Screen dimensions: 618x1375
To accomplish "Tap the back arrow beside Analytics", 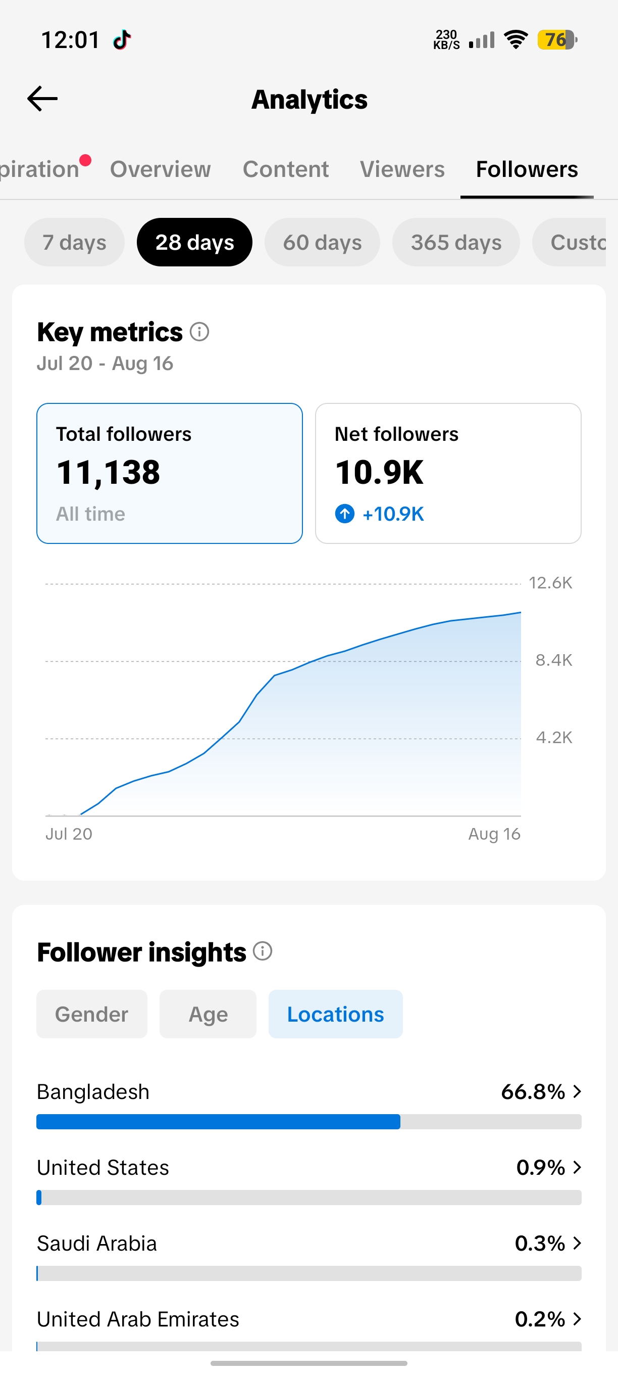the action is pos(42,99).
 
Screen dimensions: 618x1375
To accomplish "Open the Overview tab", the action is pos(160,169).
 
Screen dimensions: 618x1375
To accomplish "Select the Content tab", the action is pos(285,169).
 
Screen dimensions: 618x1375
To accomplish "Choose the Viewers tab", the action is pos(402,169).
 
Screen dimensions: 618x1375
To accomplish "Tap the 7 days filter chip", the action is pos(74,242).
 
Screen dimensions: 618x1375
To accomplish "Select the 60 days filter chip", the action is pos(322,242).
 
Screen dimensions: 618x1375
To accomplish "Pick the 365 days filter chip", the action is pos(456,242).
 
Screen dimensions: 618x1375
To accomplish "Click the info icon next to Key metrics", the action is pos(199,332).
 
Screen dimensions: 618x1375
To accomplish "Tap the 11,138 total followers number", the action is pos(108,472).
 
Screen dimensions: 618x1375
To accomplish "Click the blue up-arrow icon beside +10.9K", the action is pos(344,514).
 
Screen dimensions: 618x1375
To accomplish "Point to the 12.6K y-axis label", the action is pos(550,582).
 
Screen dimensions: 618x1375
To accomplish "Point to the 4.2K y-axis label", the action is pos(554,737).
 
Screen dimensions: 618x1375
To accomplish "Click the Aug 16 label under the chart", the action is pos(494,834).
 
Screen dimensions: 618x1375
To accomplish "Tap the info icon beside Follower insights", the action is pos(263,951).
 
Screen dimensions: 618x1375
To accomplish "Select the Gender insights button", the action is pos(92,1014).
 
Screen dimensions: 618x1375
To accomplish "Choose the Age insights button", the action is pos(208,1014).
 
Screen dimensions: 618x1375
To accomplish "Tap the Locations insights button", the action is pos(335,1014).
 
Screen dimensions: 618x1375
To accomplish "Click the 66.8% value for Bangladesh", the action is pos(533,1092).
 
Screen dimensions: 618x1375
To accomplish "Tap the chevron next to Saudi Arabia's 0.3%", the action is pos(577,1244).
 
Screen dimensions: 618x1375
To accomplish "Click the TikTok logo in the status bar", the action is pos(122,39).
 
